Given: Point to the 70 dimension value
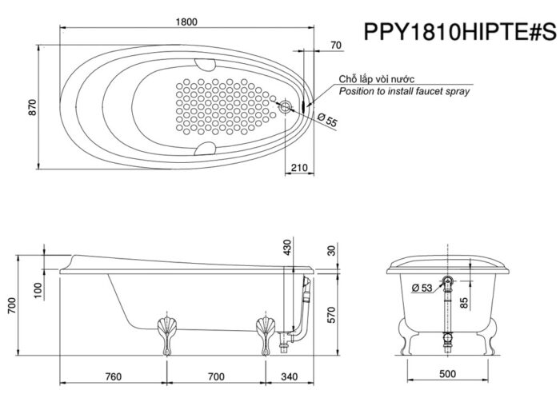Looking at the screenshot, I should pos(336,45).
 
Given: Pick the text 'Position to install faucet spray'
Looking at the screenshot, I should pos(404,92).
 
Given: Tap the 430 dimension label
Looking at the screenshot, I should pos(287,247).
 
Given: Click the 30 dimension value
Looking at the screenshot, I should pos(333,249).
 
